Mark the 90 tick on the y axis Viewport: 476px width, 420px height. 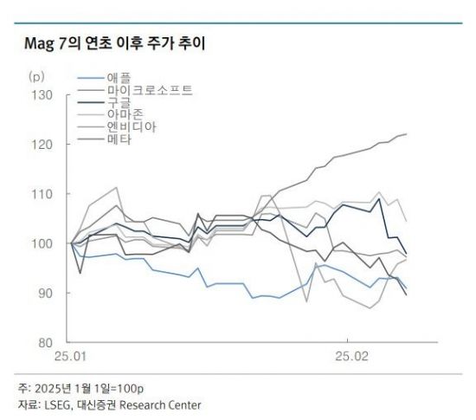pyautogui.click(x=45, y=293)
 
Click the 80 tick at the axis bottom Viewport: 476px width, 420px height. pyautogui.click(x=45, y=343)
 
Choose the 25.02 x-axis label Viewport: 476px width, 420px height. pyautogui.click(x=350, y=356)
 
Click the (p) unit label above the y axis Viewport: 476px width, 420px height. pyautogui.click(x=36, y=77)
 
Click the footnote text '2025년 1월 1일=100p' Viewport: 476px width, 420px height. pyautogui.click(x=83, y=387)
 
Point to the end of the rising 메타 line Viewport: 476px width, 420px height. pyautogui.click(x=407, y=134)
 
